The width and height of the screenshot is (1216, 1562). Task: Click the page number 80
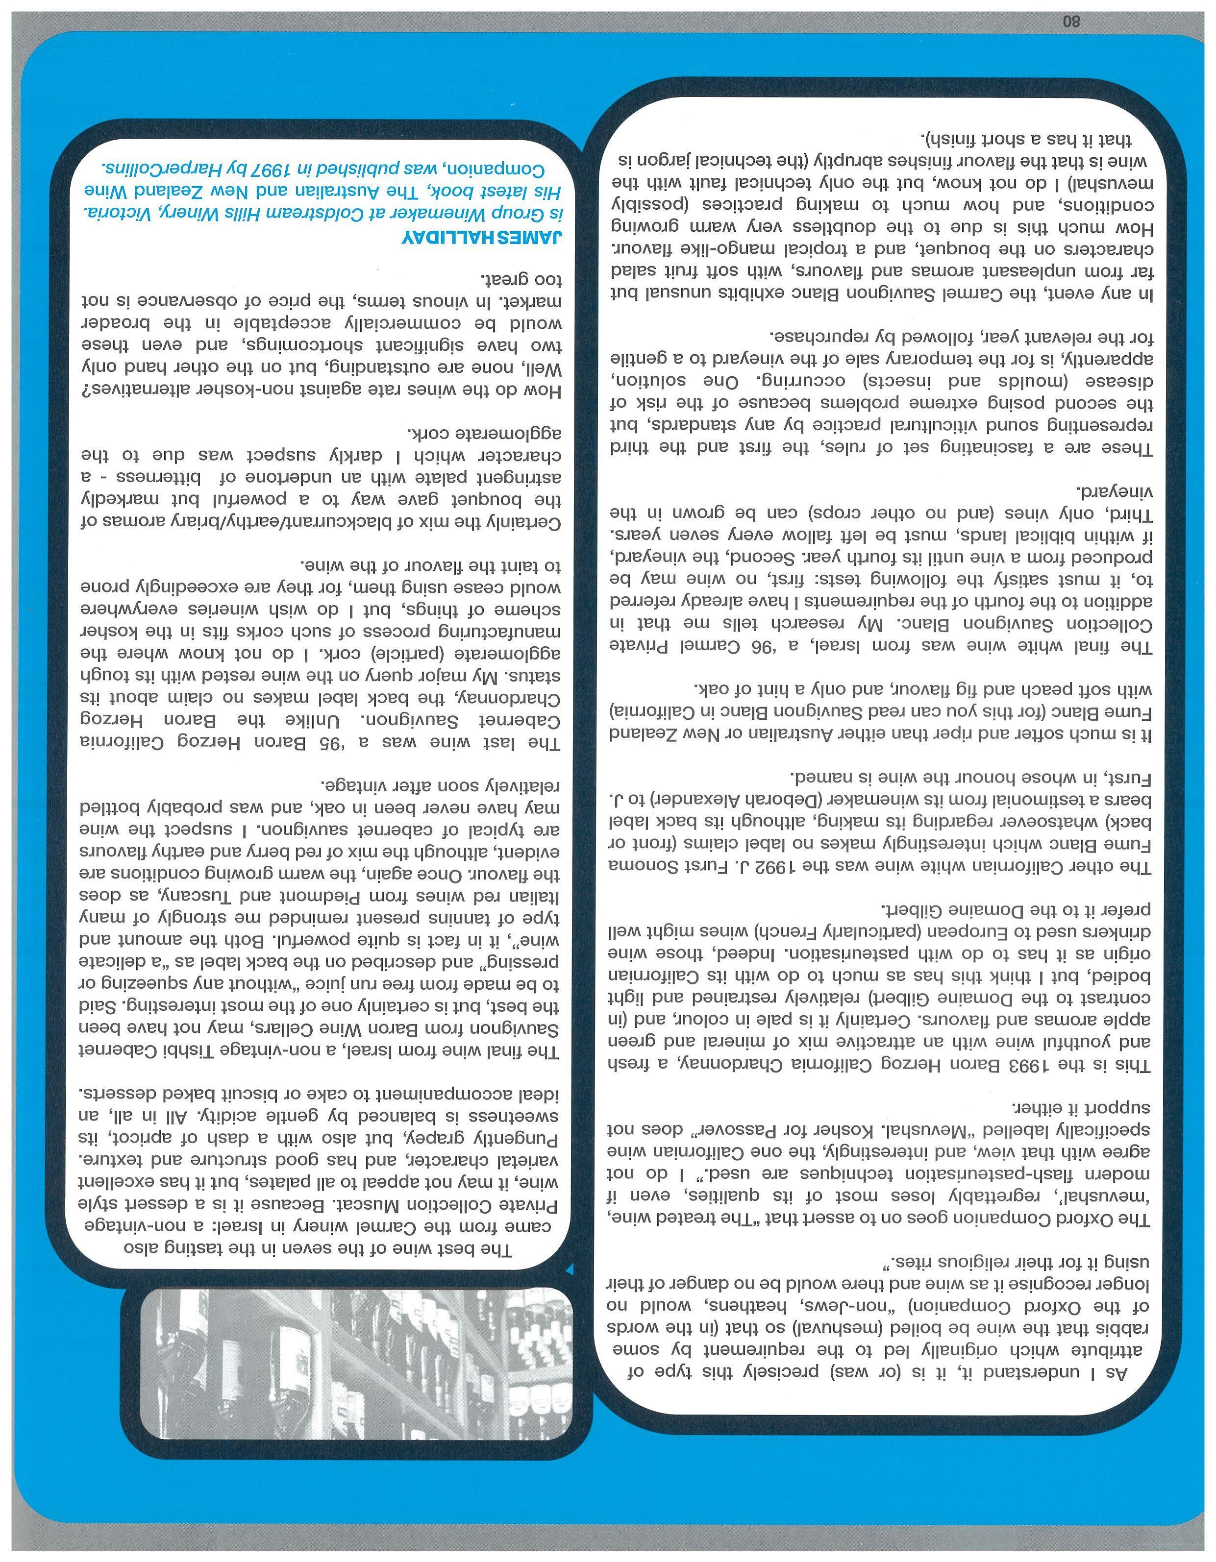click(1071, 22)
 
